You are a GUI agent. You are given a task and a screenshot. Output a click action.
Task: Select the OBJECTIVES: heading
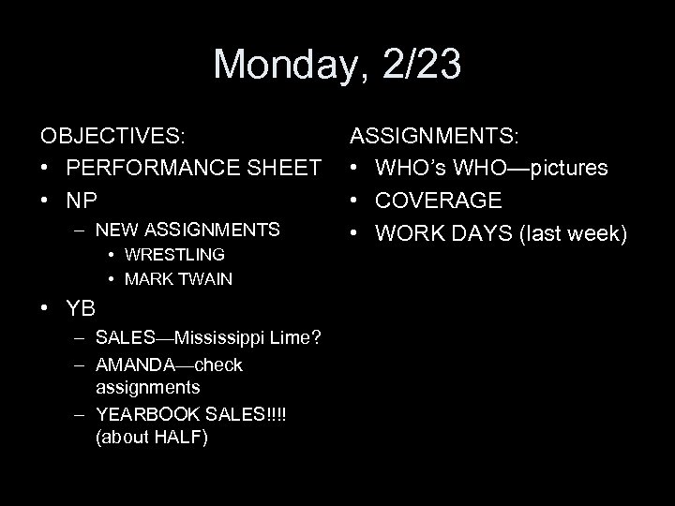(112, 136)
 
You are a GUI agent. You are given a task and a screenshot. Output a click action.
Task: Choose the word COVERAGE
(439, 201)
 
